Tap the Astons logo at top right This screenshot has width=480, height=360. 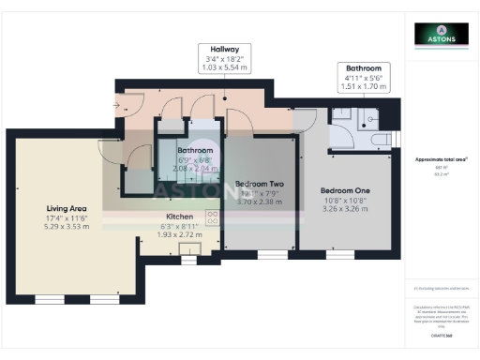coord(442,35)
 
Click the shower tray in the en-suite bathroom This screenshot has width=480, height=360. coord(344,120)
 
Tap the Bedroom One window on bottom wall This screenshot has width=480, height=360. coord(339,255)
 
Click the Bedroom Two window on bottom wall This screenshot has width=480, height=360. coord(272,255)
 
